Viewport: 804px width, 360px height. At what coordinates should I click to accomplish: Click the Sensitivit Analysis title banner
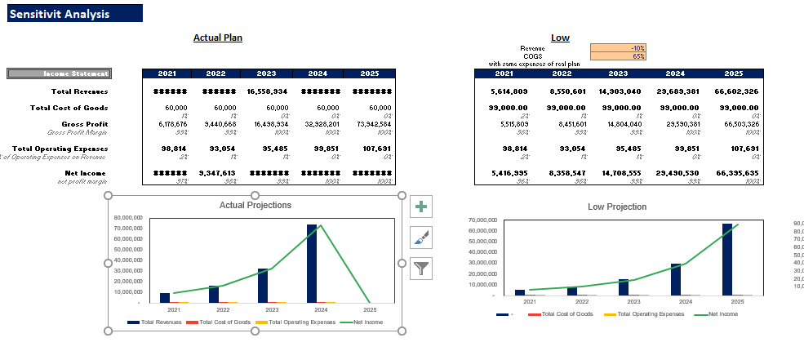(74, 14)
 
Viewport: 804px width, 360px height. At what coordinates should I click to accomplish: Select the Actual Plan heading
(217, 38)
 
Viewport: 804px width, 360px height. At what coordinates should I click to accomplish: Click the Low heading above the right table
(560, 38)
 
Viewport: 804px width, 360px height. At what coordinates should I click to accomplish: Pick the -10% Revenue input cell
(619, 48)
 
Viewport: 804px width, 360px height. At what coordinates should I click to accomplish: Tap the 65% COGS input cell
(619, 56)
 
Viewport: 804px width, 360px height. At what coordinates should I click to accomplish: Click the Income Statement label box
(59, 74)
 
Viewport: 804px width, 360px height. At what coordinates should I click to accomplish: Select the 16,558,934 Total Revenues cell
(267, 91)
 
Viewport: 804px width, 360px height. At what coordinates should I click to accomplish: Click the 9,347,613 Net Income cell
(216, 173)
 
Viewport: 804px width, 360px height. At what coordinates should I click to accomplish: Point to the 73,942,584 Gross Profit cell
(367, 123)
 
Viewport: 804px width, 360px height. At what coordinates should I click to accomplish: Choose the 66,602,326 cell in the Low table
(736, 91)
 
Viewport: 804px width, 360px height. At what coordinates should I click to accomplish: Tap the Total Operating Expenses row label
(70, 149)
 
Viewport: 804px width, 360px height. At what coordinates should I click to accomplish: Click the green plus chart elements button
(421, 207)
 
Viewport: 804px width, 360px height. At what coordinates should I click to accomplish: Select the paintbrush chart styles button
(421, 238)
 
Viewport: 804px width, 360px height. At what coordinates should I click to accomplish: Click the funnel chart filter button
(421, 268)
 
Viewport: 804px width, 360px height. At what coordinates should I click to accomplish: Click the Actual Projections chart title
(255, 205)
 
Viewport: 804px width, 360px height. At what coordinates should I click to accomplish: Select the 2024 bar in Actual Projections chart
(312, 263)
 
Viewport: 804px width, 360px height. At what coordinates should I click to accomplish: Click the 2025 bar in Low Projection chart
(727, 259)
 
